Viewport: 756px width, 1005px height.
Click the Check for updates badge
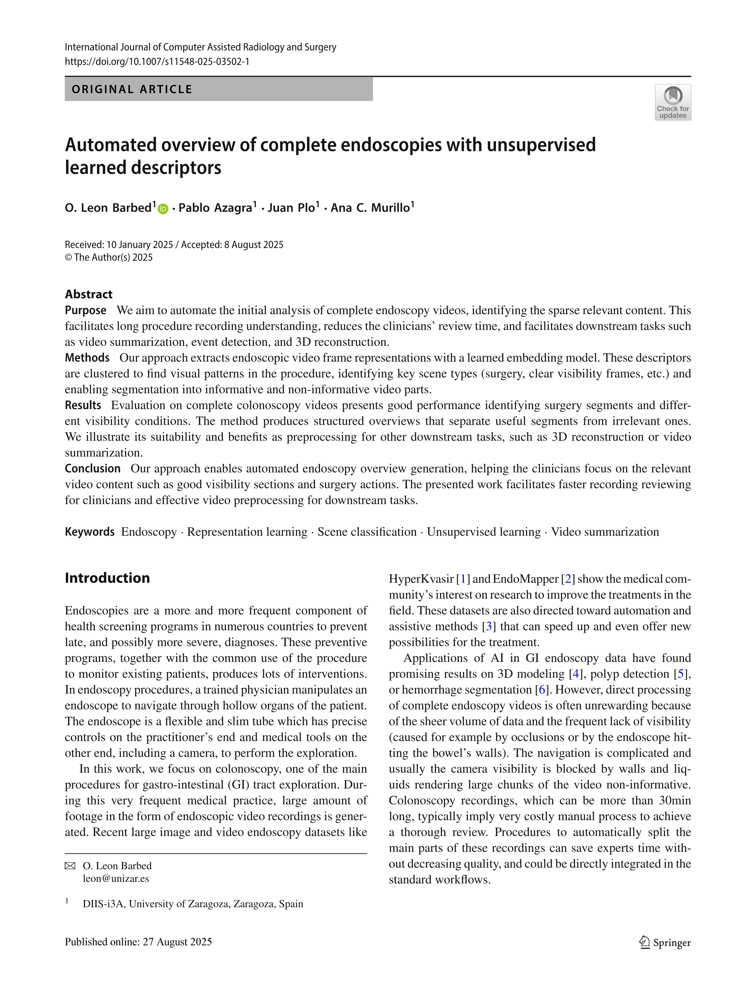(672, 102)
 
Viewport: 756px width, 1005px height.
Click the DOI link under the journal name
(157, 62)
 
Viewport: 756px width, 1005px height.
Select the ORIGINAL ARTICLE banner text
(132, 89)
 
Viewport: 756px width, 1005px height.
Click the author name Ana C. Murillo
(370, 208)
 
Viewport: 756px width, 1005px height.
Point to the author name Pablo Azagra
(215, 208)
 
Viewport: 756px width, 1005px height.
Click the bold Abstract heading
(88, 294)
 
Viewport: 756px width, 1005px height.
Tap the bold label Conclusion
(93, 469)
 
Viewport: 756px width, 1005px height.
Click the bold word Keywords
(89, 532)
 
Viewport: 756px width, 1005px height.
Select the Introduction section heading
(107, 578)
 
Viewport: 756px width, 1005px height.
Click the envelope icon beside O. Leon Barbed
(70, 866)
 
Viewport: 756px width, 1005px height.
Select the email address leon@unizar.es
(116, 879)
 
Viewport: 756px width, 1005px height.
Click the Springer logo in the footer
(665, 943)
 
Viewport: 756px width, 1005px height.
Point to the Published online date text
(138, 942)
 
